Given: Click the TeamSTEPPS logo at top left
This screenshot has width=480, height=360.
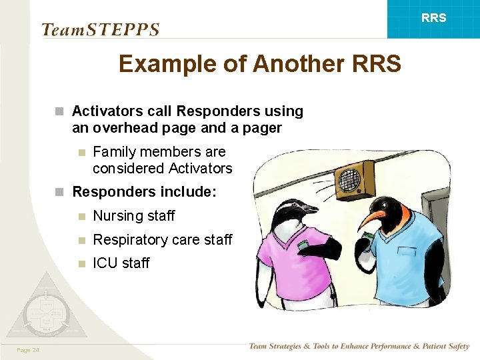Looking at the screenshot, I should (100, 29).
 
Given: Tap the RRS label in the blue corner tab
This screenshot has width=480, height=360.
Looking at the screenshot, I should (434, 18).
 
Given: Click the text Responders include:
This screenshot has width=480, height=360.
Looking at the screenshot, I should (144, 192).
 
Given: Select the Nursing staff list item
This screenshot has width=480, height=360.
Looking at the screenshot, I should (133, 216).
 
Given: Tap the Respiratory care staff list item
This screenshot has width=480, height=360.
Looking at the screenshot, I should (162, 239).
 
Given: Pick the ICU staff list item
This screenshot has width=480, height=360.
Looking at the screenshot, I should (121, 263).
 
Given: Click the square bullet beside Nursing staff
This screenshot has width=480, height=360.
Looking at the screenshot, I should (81, 216).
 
